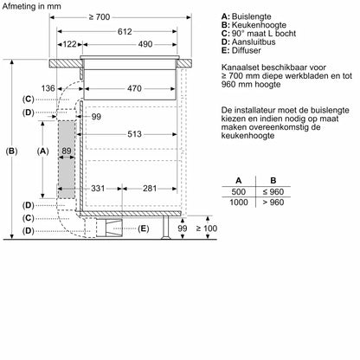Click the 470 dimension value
135,88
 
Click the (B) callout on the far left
11,151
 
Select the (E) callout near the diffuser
144,228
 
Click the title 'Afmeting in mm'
30,6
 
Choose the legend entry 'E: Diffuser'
246,50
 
